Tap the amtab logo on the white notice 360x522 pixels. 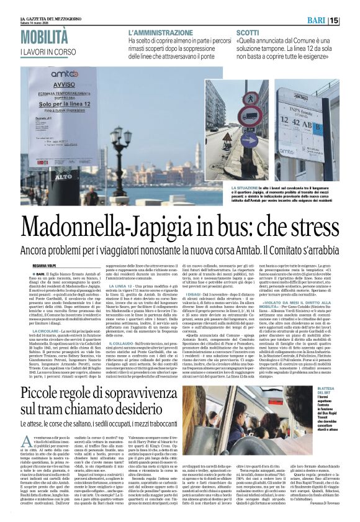tap(65, 74)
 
